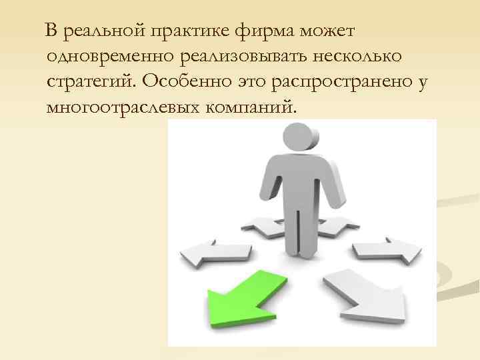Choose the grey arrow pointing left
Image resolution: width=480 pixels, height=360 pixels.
pos(213,253)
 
